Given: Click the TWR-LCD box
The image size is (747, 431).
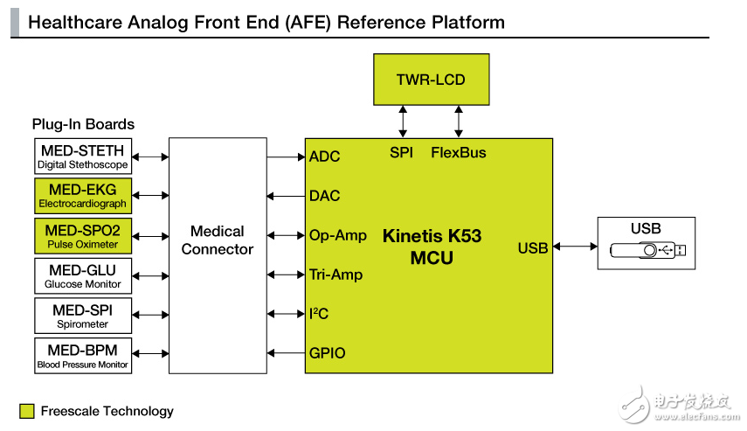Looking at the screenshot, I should pyautogui.click(x=431, y=80).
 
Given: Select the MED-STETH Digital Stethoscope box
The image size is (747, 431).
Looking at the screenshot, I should pyautogui.click(x=83, y=156).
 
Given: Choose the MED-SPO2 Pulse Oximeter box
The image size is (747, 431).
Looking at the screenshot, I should pyautogui.click(x=83, y=236).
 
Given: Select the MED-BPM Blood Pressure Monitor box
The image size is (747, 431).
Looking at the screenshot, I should pyautogui.click(x=83, y=355).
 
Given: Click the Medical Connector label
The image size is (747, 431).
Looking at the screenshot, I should pyautogui.click(x=218, y=240).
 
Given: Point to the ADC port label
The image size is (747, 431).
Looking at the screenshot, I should pyautogui.click(x=325, y=156).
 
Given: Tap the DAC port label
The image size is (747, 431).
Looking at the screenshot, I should pyautogui.click(x=325, y=196).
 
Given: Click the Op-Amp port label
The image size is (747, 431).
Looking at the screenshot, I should pyautogui.click(x=338, y=235).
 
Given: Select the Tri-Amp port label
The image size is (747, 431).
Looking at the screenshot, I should pyautogui.click(x=336, y=275).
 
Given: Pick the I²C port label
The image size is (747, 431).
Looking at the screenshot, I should pyautogui.click(x=320, y=314).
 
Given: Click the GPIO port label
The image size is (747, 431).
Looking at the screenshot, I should pyautogui.click(x=328, y=353).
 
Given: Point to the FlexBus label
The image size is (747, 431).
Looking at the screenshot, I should pyautogui.click(x=459, y=152).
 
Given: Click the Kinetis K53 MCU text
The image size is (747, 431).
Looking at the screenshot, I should pyautogui.click(x=432, y=247).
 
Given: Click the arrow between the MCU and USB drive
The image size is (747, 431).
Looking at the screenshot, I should pyautogui.click(x=575, y=247).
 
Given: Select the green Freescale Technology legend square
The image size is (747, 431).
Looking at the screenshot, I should pyautogui.click(x=27, y=411).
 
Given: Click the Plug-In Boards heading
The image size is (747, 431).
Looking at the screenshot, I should pyautogui.click(x=83, y=124).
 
